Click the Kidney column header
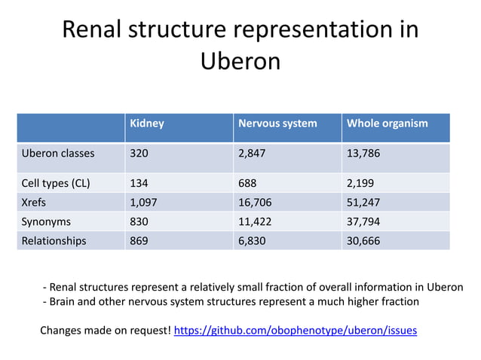(x=147, y=124)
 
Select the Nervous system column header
(x=277, y=124)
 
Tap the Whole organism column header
(x=387, y=124)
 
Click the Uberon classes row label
(x=58, y=154)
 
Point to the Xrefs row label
(x=35, y=203)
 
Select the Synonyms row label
(x=46, y=222)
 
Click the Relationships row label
(x=54, y=242)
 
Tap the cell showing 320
(x=140, y=154)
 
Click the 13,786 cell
(x=363, y=154)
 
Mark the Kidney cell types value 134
(x=140, y=183)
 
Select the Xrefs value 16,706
(x=255, y=203)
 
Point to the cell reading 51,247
(x=363, y=203)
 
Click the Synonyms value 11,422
(x=255, y=222)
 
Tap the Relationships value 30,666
(x=363, y=242)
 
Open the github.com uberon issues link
(x=295, y=331)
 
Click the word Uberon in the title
(x=240, y=60)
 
